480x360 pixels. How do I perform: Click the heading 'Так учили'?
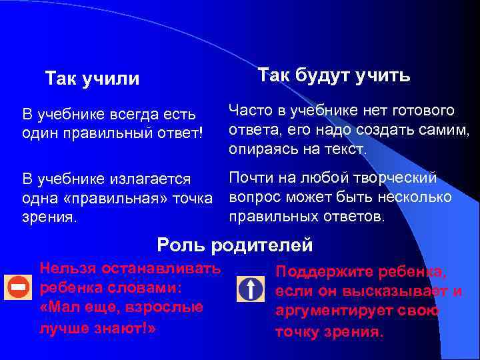(92, 79)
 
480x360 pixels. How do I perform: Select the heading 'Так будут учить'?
(334, 75)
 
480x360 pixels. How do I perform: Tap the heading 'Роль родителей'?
(235, 245)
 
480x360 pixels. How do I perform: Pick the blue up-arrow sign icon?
(251, 289)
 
